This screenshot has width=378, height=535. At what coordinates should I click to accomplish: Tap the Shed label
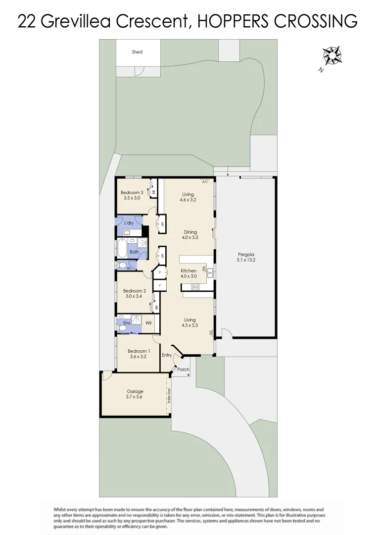click(137, 52)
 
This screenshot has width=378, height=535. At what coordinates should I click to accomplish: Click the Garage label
click(135, 391)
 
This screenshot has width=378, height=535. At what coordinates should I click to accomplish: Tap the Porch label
click(183, 369)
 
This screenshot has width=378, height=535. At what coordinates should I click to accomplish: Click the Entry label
click(167, 355)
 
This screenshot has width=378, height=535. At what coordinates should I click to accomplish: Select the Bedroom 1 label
click(139, 351)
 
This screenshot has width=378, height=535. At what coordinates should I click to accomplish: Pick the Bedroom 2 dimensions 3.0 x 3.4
click(135, 297)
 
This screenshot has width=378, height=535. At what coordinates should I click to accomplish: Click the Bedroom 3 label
click(132, 193)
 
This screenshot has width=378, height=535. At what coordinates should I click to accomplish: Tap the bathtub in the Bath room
click(122, 249)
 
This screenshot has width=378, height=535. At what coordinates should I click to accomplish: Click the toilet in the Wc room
click(122, 265)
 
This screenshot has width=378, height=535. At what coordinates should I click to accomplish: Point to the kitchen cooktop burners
click(195, 287)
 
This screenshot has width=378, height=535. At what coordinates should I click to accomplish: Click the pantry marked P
click(160, 272)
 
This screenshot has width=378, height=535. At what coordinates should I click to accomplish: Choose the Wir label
click(148, 323)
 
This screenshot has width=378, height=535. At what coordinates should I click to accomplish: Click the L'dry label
click(129, 223)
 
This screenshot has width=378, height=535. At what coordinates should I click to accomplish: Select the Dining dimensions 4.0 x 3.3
click(190, 237)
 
